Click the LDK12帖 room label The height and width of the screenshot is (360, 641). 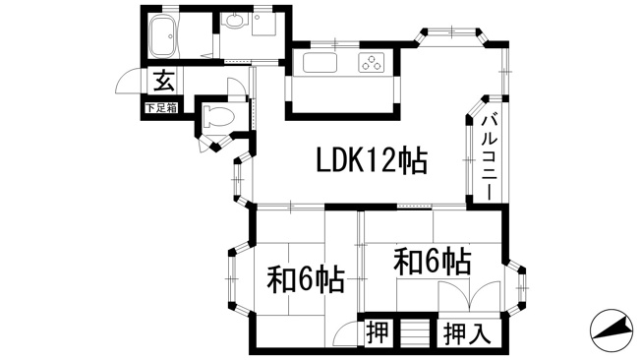point(372,160)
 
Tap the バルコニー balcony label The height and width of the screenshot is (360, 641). point(490,157)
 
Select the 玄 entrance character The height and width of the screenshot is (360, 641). point(163,81)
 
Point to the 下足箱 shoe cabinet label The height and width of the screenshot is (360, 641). point(162,108)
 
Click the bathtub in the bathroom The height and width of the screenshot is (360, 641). point(162,36)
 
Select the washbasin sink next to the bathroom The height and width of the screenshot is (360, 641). point(234,22)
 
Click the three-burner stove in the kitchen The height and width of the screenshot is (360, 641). point(372,63)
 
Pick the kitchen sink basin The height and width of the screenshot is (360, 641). point(320,63)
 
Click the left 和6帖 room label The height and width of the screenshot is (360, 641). point(306,279)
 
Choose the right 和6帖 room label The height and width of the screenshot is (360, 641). point(433,261)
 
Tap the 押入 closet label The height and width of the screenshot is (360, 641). point(467,333)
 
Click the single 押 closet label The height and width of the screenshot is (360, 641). point(377,332)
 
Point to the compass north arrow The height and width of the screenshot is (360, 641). point(612,330)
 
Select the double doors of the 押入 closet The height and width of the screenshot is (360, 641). point(469,297)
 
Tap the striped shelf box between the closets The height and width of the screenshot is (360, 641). point(415,332)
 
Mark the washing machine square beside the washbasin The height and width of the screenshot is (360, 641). point(263,24)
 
